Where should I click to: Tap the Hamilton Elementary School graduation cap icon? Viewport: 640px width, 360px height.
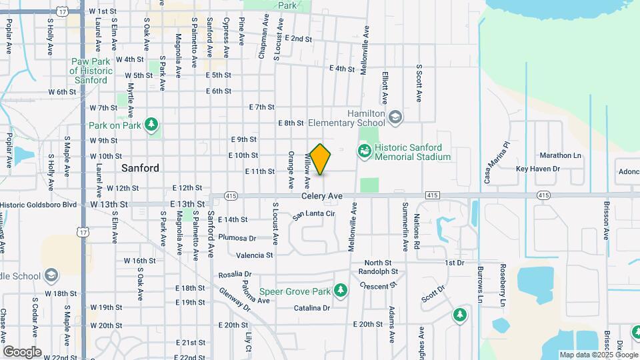(395, 118)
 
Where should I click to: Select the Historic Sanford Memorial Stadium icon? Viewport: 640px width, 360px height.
(364, 152)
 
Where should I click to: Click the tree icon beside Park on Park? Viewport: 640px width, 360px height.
(152, 124)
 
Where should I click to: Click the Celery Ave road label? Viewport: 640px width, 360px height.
(321, 196)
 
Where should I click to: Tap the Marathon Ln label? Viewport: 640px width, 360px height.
(561, 155)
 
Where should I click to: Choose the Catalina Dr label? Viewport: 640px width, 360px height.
(312, 308)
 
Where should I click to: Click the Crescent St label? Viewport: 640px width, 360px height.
(379, 285)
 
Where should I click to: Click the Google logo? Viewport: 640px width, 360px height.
(22, 351)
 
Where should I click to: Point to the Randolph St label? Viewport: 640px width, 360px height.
(378, 272)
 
